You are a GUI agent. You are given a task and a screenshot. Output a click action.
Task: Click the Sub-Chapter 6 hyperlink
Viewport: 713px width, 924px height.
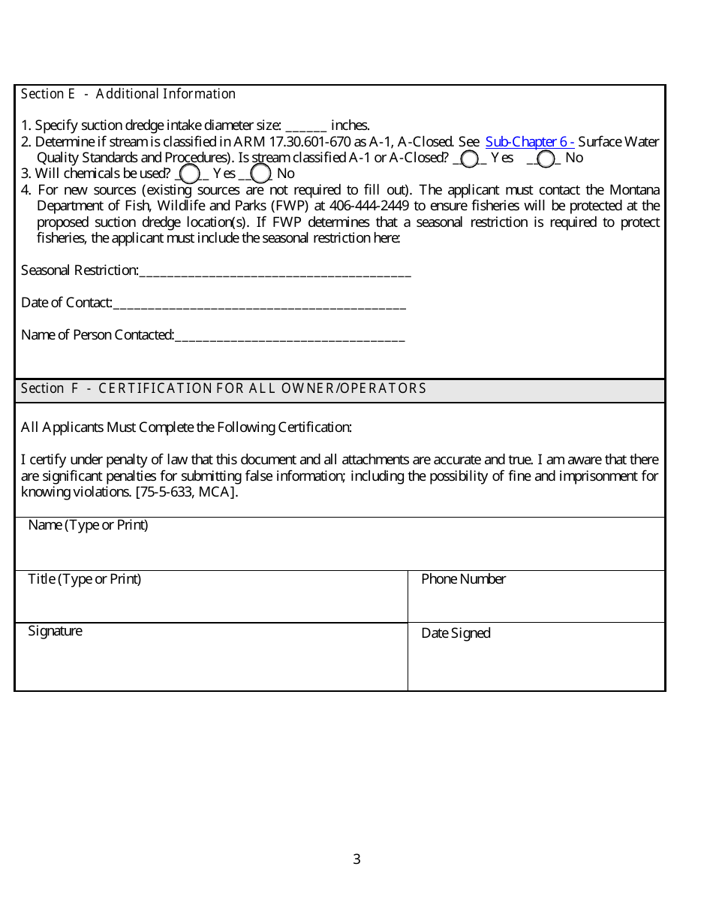(x=529, y=141)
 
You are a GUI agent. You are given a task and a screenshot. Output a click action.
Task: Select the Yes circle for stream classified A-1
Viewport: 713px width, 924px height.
(x=470, y=159)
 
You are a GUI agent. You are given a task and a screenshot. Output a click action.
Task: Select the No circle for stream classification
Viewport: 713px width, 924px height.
(x=546, y=159)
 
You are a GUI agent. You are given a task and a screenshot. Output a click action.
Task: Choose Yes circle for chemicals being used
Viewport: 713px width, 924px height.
(x=190, y=174)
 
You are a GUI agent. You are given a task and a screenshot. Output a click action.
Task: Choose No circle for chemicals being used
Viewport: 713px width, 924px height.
(x=260, y=174)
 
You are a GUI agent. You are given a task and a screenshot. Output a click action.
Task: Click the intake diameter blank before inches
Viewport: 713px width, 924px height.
(x=306, y=126)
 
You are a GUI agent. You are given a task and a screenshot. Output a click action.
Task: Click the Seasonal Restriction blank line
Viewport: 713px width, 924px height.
(x=275, y=271)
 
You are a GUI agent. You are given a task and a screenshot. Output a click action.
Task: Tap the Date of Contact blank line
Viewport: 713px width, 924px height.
(x=259, y=303)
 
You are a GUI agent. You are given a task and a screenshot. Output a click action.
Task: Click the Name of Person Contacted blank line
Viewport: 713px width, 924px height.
(x=290, y=336)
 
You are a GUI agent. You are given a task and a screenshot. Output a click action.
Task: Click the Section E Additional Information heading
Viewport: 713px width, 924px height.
(x=128, y=94)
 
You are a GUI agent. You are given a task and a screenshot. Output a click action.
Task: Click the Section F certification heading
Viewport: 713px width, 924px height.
(x=224, y=388)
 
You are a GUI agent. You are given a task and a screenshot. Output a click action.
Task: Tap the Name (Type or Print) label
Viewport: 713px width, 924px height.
(x=88, y=525)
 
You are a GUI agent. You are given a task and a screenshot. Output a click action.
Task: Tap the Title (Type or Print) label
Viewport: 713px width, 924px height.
(x=84, y=578)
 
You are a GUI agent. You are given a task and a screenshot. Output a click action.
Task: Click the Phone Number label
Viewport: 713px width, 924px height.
(x=463, y=578)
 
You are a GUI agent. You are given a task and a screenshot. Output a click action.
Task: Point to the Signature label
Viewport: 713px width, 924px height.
(x=55, y=631)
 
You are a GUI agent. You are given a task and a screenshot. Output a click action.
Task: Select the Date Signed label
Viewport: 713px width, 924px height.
(x=456, y=633)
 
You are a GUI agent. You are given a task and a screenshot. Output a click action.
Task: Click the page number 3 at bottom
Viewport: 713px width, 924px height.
(x=356, y=859)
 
